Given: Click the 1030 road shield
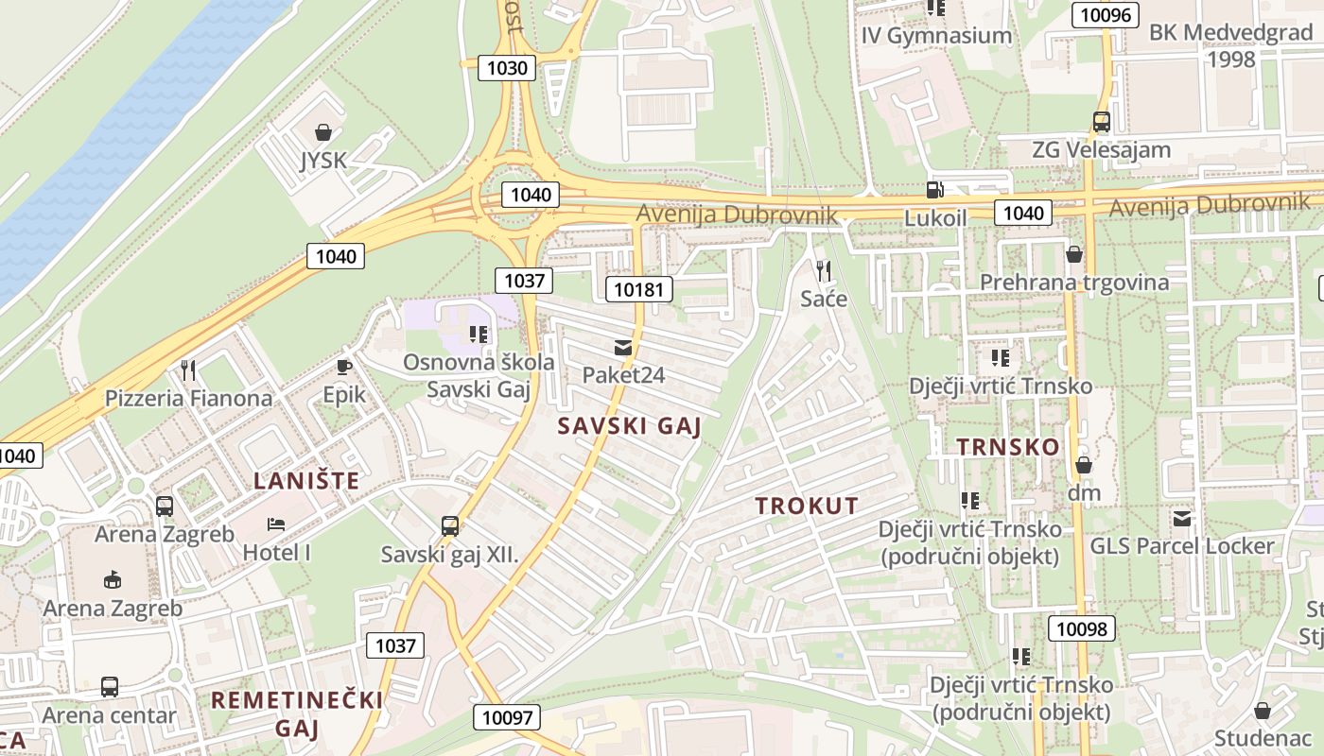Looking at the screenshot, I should [507, 68].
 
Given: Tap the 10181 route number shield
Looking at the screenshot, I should [639, 289].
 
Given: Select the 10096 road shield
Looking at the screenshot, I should [1105, 14].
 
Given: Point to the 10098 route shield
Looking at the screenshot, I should [1082, 628].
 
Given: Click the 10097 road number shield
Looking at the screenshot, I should [508, 717].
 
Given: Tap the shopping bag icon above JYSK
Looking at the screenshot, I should [323, 132].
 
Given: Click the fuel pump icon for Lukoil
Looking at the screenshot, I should [934, 190].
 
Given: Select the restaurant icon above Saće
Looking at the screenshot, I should [823, 271].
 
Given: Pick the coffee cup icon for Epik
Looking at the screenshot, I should [343, 367].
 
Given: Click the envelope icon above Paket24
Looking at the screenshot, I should [622, 348].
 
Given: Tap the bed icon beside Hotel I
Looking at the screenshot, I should [276, 524].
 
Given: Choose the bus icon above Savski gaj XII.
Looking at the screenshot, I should [450, 526].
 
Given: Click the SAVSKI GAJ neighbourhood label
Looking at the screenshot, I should [629, 426].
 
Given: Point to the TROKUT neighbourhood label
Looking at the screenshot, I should [807, 506].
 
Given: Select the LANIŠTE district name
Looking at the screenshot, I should [306, 481].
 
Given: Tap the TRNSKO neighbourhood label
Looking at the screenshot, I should [1008, 447].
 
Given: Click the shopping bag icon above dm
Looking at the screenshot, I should [1084, 465].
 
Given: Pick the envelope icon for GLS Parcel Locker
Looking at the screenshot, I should [1182, 519].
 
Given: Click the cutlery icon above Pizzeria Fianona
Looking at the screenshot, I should [188, 369].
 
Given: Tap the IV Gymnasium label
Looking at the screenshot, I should [936, 36].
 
